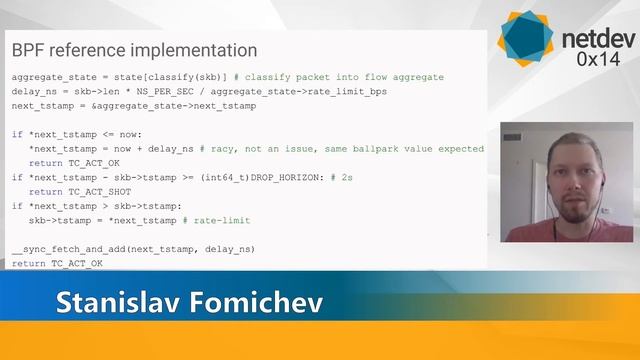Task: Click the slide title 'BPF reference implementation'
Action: (x=134, y=50)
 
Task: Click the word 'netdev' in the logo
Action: (x=595, y=40)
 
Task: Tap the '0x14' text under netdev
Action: (x=597, y=60)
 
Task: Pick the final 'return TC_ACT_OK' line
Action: (x=57, y=263)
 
